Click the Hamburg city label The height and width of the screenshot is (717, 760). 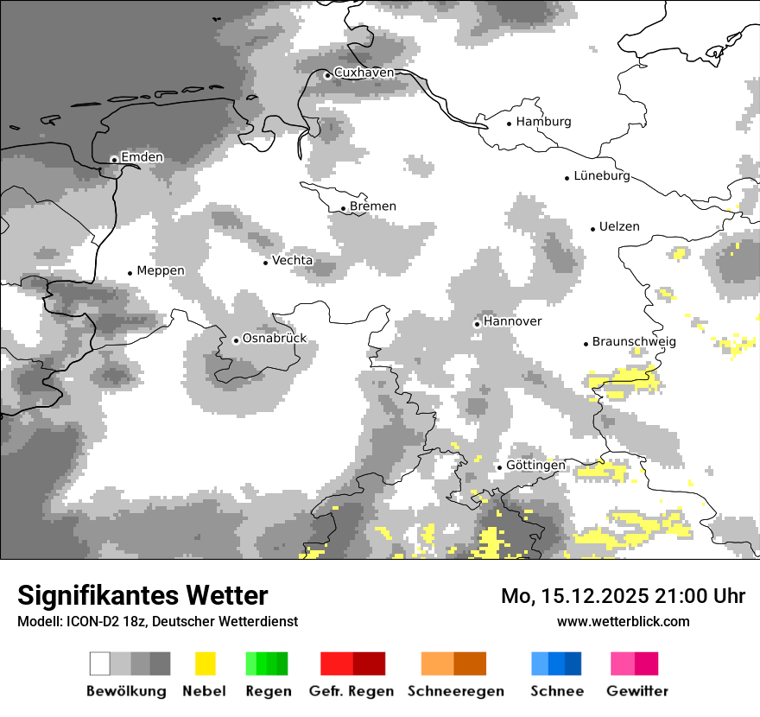click(543, 122)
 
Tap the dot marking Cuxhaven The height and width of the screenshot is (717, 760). click(327, 75)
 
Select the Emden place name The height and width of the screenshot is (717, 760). click(142, 157)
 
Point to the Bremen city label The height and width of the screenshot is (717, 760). click(373, 206)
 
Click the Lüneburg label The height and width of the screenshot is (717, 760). click(602, 176)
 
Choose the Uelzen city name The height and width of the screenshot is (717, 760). click(619, 227)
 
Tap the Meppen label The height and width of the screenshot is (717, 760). click(161, 271)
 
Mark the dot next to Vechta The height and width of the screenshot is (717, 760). click(265, 262)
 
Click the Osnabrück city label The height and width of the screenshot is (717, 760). click(275, 339)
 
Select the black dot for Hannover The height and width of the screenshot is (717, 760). click(477, 324)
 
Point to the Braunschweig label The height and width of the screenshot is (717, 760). click(634, 342)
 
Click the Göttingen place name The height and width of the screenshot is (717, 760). click(535, 466)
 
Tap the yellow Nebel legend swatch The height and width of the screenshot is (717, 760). click(205, 663)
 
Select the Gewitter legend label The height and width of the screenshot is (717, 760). click(636, 691)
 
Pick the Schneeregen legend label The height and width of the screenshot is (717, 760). click(456, 691)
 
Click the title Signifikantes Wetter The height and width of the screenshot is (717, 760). click(142, 595)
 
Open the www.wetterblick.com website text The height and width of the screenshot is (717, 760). click(623, 621)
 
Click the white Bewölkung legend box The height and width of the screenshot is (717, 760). click(100, 663)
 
